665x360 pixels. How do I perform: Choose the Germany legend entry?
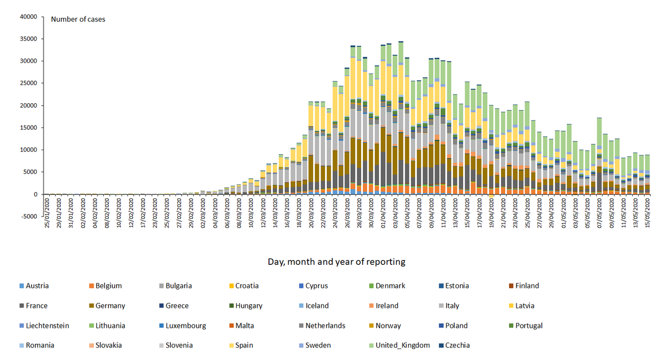(x=111, y=306)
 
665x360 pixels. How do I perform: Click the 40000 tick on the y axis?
(x=28, y=17)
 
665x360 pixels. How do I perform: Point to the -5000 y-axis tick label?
(x=28, y=216)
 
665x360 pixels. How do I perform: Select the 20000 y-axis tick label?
(x=28, y=105)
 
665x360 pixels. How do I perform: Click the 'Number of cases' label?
(x=78, y=19)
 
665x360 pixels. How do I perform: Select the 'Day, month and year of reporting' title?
(x=336, y=261)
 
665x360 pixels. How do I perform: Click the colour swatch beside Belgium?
(x=90, y=285)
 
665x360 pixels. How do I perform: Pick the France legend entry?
(x=36, y=306)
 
